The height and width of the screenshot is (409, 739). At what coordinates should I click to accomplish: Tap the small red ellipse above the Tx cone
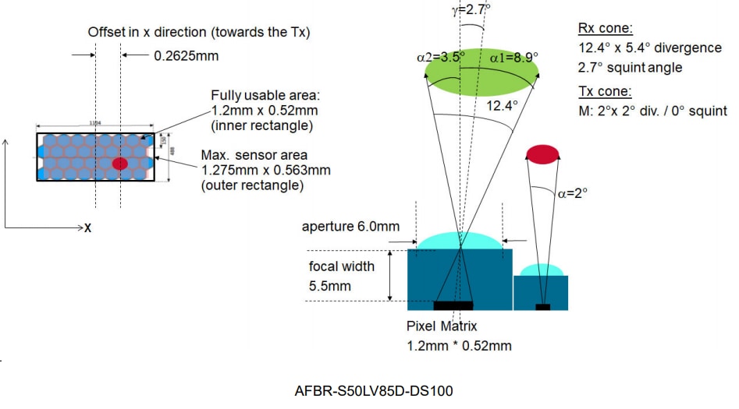pyautogui.click(x=543, y=153)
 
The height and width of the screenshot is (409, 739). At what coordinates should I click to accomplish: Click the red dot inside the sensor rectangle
pyautogui.click(x=119, y=164)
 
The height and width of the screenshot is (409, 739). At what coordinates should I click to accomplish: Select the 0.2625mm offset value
pyautogui.click(x=187, y=56)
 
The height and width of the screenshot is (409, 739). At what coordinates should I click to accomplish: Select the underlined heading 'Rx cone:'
pyautogui.click(x=599, y=29)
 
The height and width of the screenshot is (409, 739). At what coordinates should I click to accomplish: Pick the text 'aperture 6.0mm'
pyautogui.click(x=351, y=227)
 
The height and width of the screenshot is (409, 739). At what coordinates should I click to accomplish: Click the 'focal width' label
pyautogui.click(x=342, y=266)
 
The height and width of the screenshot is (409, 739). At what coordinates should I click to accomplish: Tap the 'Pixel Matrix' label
pyautogui.click(x=441, y=326)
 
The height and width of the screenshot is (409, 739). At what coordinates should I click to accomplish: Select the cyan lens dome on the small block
pyautogui.click(x=542, y=270)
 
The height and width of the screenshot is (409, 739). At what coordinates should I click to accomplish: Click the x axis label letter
pyautogui.click(x=88, y=229)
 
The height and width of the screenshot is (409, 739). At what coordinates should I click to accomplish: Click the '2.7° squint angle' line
pyautogui.click(x=631, y=68)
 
